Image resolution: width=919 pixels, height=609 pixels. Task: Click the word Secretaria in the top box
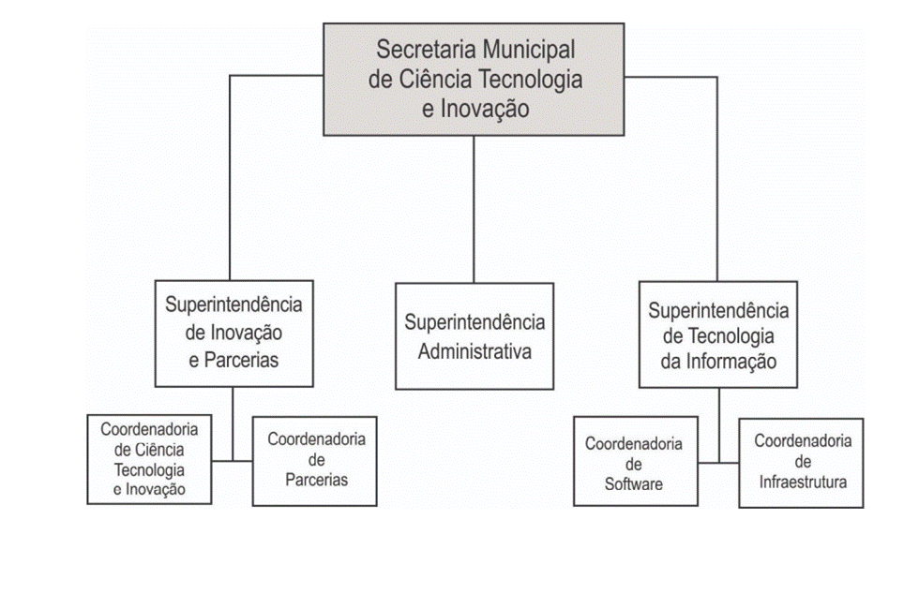[425, 49]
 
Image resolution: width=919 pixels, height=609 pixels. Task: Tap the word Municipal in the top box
[527, 51]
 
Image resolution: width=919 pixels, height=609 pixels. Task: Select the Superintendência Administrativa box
[475, 336]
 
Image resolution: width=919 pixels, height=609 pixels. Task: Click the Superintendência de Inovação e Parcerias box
[234, 334]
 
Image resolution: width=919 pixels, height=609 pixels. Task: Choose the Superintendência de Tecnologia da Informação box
[718, 334]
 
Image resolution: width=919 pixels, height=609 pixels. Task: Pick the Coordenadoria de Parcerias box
[315, 461]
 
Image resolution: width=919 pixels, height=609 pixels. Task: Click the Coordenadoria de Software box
[636, 461]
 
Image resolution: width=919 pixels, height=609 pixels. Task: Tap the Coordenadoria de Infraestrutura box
[801, 463]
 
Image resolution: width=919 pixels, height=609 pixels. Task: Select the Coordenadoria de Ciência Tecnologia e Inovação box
[149, 459]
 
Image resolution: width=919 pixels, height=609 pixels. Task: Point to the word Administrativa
[475, 351]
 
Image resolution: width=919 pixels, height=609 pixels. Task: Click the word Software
[634, 484]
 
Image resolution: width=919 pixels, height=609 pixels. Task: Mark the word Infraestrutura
[803, 482]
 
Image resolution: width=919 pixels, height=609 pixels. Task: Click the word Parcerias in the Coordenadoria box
[317, 480]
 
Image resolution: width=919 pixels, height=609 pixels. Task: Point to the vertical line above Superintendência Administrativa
[474, 210]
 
